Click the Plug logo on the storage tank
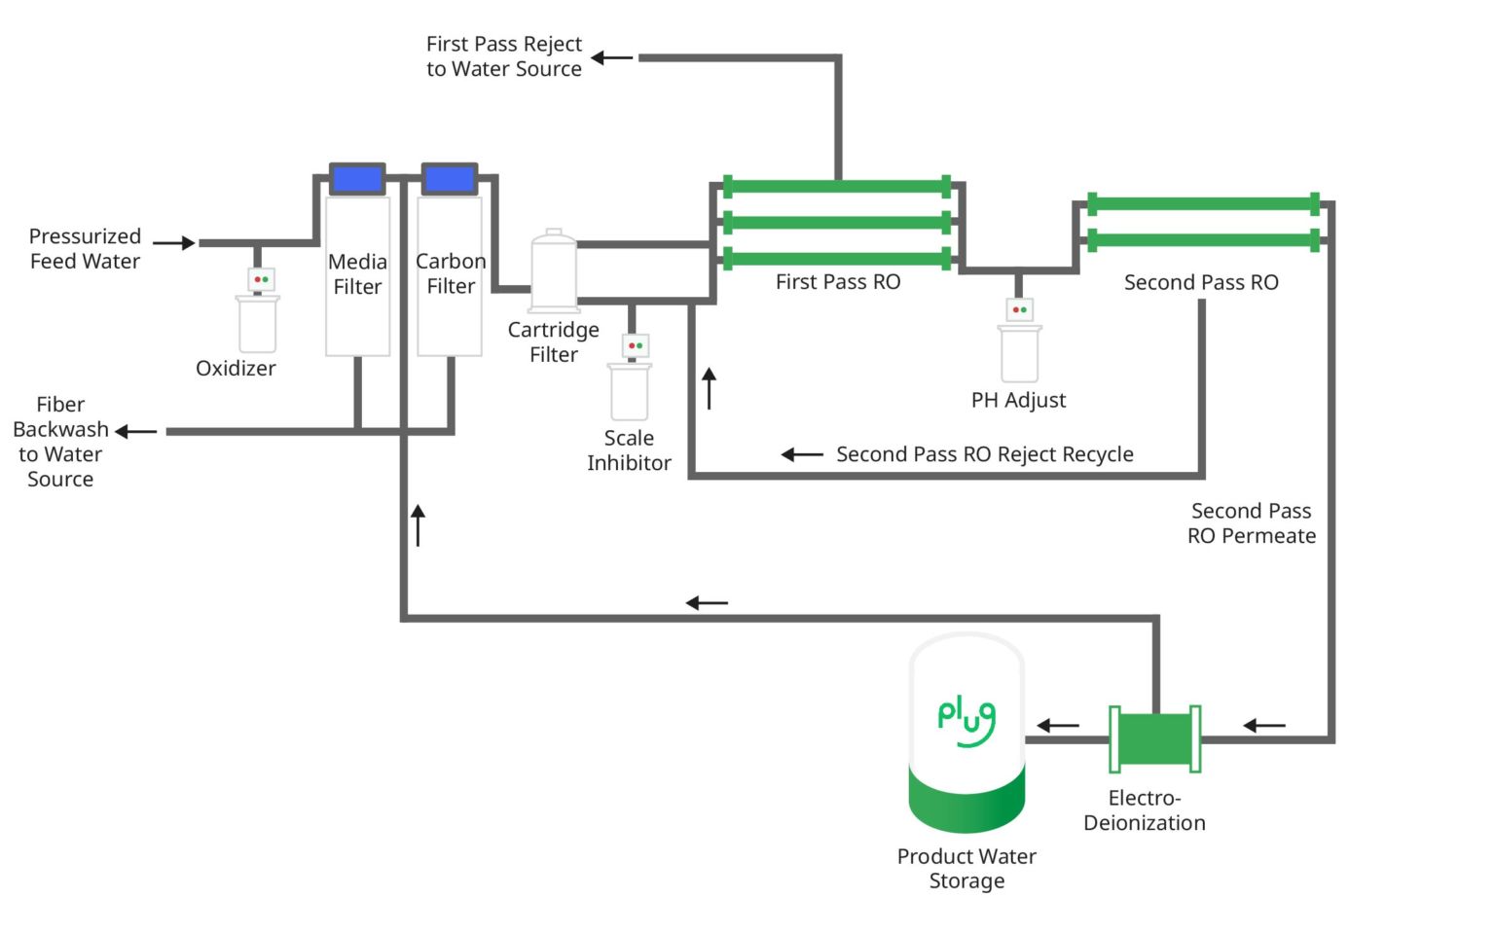coord(966,721)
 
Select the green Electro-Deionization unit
coord(1154,739)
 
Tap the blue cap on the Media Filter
coord(357,179)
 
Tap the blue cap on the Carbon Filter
coord(450,179)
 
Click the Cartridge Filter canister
coord(554,271)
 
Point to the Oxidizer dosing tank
coord(258,323)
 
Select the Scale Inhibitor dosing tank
coord(630,390)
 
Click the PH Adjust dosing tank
coord(1019,352)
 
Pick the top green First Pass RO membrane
coord(837,187)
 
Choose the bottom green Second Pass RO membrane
coord(1203,239)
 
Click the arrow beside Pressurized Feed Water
coord(174,243)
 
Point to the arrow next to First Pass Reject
coord(612,57)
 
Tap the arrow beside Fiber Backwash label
coord(136,431)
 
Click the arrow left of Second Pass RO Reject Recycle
coord(802,454)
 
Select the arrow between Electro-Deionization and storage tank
coord(1058,725)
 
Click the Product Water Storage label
coord(966,868)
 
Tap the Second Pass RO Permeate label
coord(1251,523)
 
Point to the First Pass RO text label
coord(838,282)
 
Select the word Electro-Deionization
coord(1145,810)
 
